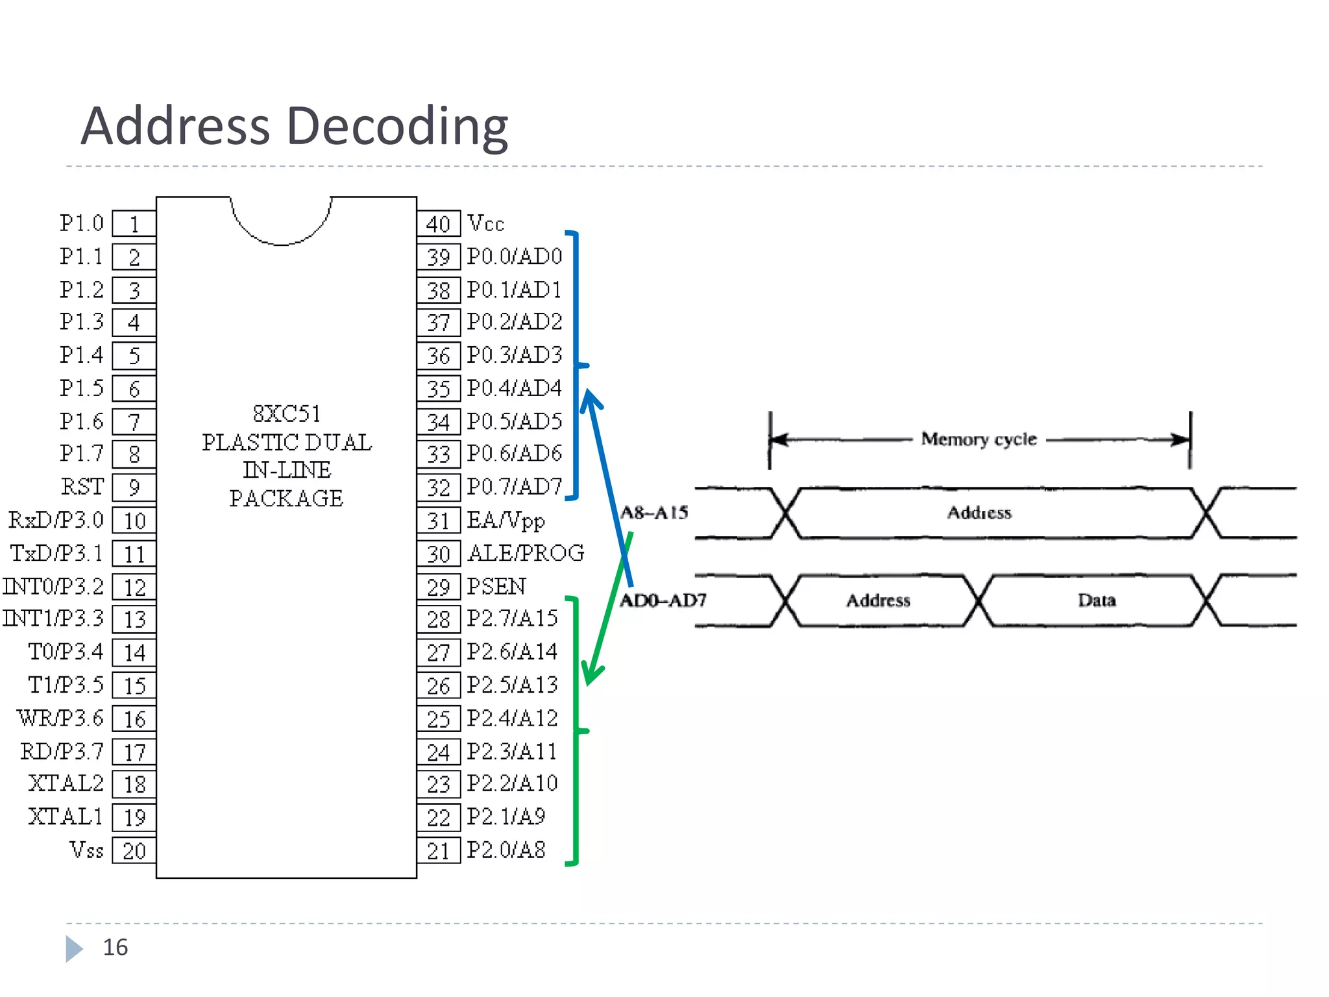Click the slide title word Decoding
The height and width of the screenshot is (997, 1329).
[397, 126]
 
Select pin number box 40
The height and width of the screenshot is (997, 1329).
[438, 224]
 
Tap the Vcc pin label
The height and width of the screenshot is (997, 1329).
[485, 223]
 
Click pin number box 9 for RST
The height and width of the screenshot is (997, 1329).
[134, 487]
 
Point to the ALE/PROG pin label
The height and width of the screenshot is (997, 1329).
[526, 553]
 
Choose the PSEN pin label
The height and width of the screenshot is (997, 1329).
[496, 586]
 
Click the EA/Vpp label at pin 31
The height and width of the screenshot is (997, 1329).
[506, 521]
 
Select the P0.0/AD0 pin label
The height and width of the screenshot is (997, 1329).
[515, 256]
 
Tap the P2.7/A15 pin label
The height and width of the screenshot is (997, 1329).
[512, 619]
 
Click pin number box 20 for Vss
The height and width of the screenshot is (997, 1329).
[134, 851]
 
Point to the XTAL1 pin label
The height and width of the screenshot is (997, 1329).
[66, 817]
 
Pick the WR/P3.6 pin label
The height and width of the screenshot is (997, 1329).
[60, 718]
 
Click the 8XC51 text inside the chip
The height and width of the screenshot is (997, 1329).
[286, 413]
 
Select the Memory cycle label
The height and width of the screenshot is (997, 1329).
[979, 439]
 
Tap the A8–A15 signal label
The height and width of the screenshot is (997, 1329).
[654, 513]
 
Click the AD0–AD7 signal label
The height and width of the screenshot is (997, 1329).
[663, 600]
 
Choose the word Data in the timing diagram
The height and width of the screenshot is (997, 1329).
[1097, 600]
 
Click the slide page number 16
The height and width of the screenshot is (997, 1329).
[116, 948]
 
